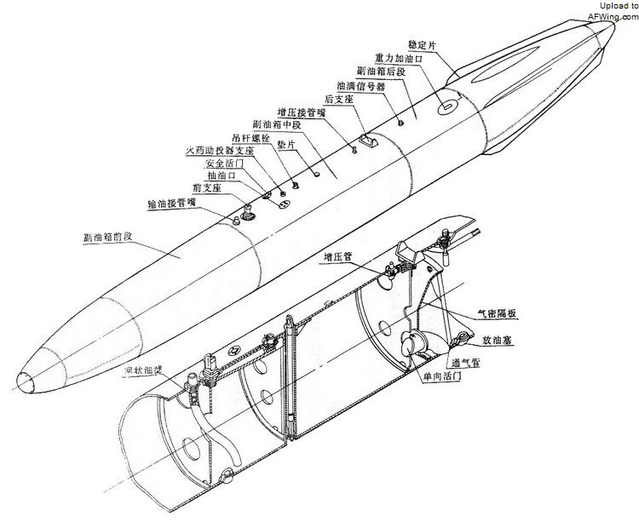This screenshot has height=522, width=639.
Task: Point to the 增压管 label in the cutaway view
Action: (338, 255)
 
